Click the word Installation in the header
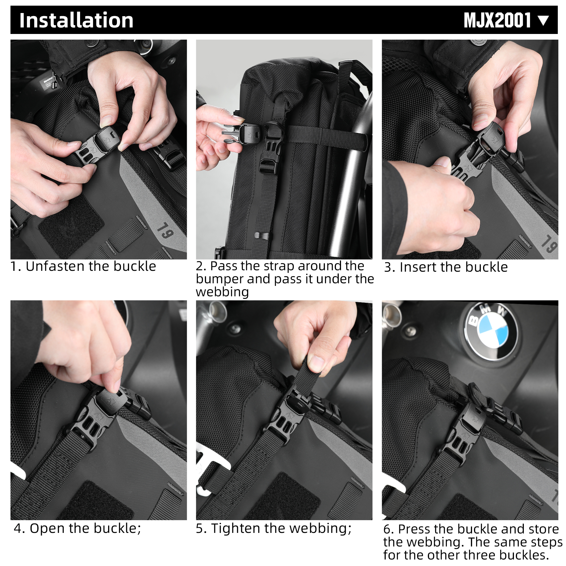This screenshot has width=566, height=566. point(76,20)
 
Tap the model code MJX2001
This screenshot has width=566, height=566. point(497,20)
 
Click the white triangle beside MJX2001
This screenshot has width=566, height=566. point(544,20)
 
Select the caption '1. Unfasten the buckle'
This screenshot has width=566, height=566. point(83,266)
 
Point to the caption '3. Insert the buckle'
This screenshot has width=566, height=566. point(446,267)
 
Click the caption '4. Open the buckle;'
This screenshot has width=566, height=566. point(77,528)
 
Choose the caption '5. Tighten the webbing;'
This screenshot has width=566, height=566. point(273,528)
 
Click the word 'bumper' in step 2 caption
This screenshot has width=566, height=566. point(219,279)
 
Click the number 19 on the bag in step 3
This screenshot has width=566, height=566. point(548,244)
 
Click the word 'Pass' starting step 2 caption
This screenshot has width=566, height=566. point(223,266)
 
